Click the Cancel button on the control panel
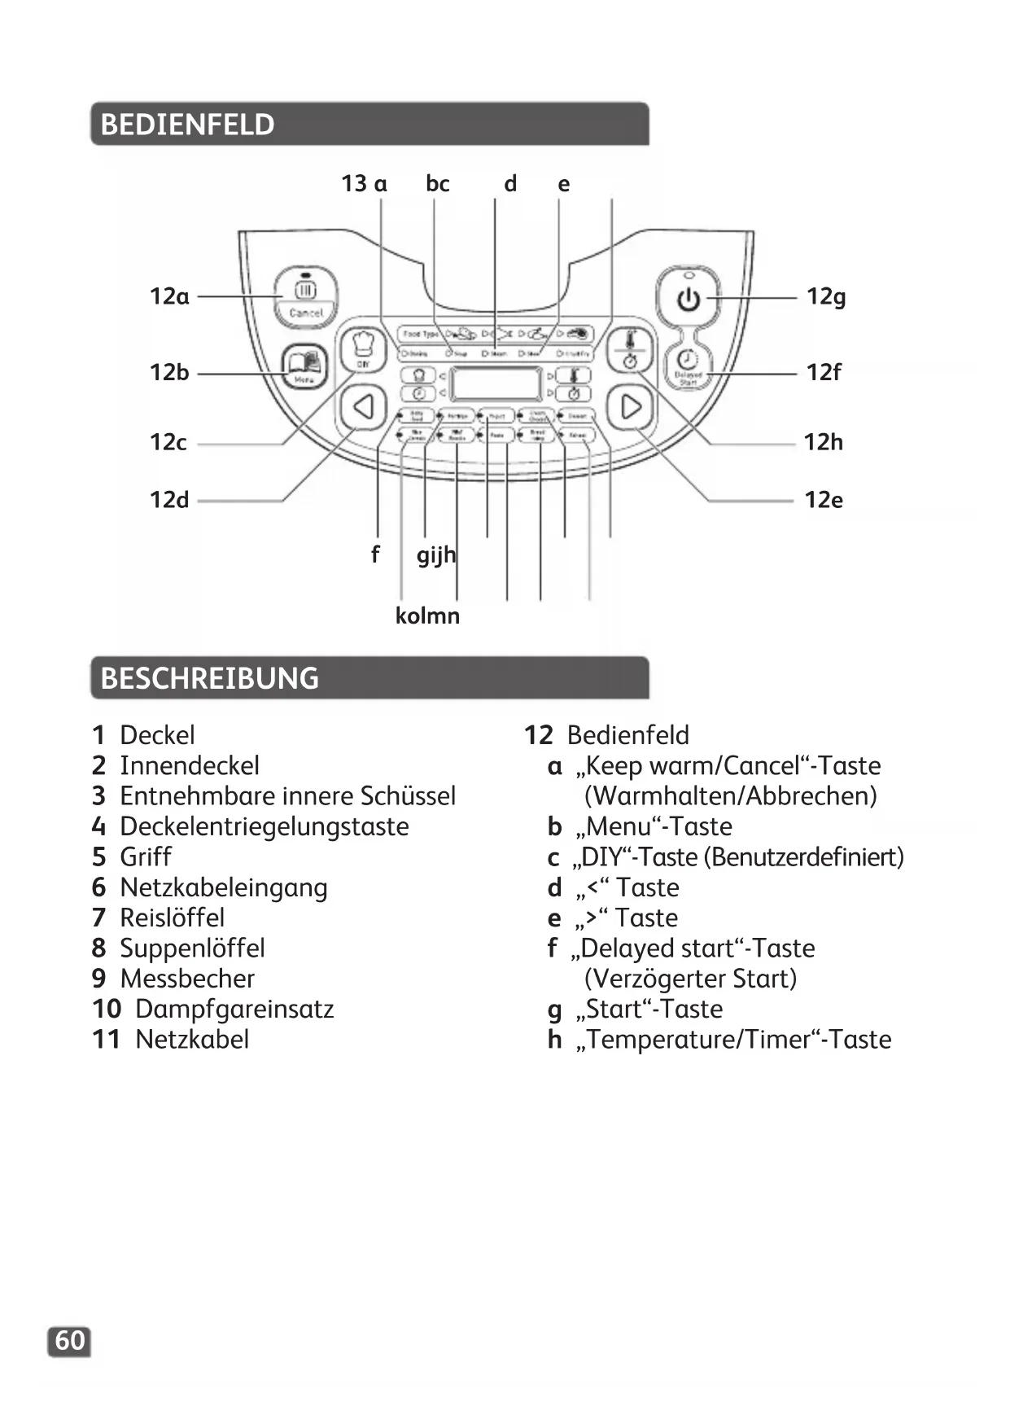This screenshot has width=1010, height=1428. point(305,298)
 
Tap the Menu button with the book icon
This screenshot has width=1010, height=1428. point(304,367)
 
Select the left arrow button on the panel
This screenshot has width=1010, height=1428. point(363,406)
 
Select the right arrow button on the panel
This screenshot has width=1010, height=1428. point(631,406)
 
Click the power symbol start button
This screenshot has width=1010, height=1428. point(689,299)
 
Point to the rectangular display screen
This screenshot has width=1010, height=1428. point(496,382)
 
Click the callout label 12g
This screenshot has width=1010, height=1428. point(826,296)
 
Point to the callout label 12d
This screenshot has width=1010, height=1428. point(169,499)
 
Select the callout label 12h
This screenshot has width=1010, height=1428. point(824,442)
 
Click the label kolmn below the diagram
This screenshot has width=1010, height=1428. point(427,615)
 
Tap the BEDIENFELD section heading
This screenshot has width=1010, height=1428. point(187,125)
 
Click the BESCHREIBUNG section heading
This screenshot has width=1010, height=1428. point(209,678)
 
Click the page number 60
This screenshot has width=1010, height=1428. point(70,1340)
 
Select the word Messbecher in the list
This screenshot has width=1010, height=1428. point(187,979)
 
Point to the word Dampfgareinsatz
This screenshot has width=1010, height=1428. point(234,1009)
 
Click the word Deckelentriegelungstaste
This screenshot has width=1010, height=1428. point(264,826)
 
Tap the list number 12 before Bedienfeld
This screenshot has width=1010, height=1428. point(538,735)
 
